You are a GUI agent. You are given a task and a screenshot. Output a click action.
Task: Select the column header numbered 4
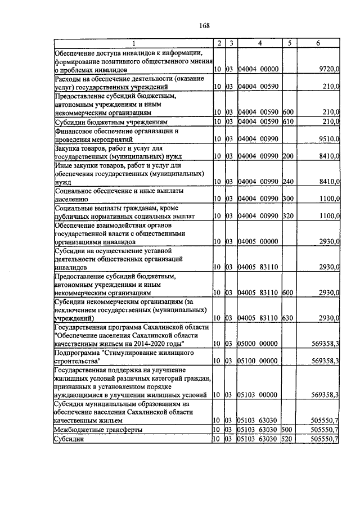(x=259, y=43)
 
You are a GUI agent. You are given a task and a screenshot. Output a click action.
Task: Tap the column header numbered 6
(x=318, y=43)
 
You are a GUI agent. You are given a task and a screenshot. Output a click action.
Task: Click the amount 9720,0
(x=328, y=69)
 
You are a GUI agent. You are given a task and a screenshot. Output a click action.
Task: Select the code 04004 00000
(x=259, y=69)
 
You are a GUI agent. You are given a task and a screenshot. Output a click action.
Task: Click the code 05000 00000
(x=259, y=343)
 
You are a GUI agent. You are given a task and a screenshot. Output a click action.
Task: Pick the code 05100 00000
(x=259, y=361)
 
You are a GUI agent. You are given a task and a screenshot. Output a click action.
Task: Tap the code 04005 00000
(x=259, y=241)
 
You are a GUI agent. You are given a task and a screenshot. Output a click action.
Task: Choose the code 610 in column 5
(x=288, y=121)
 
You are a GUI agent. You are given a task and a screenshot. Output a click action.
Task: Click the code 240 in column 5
(x=288, y=182)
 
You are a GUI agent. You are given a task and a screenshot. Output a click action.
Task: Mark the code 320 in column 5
(x=288, y=216)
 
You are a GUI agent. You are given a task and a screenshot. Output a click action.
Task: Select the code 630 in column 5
(x=288, y=318)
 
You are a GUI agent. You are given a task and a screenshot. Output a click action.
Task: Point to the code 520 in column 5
(x=288, y=438)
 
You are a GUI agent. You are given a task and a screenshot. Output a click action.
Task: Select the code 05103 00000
(x=259, y=395)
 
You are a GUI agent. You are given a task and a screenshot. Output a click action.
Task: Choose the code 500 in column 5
(x=288, y=429)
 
